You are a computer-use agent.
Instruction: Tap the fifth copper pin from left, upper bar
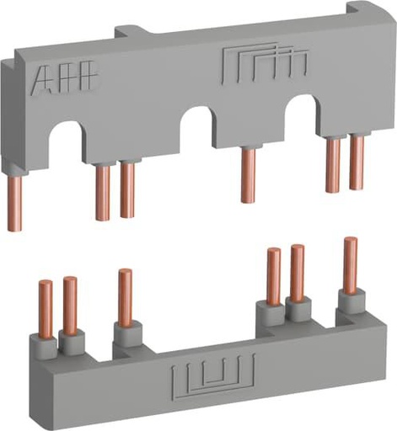(x=334, y=164)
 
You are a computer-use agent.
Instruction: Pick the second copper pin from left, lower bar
(x=70, y=304)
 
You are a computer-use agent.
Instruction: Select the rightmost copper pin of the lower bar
(x=350, y=264)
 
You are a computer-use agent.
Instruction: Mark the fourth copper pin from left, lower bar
(x=273, y=277)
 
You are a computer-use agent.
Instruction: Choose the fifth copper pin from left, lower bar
(x=297, y=273)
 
